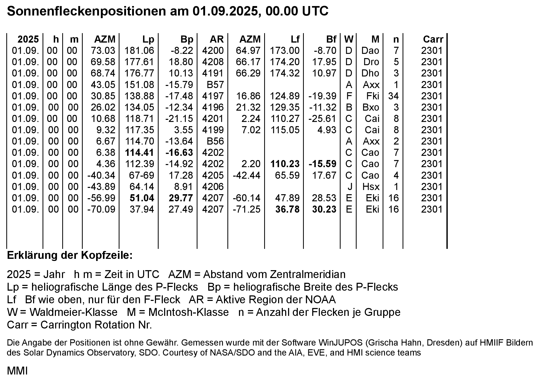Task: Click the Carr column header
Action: pos(433,39)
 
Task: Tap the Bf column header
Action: pos(331,39)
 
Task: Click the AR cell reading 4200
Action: pos(213,51)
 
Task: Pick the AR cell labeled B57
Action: pos(215,85)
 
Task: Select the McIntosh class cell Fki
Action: pos(373,96)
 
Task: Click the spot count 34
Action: pos(393,96)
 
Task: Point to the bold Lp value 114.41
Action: pos(139,152)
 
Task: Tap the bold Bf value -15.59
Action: pos(322,164)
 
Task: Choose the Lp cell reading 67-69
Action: pos(142,175)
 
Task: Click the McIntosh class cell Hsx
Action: pos(371,187)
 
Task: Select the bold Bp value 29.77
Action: pos(181,198)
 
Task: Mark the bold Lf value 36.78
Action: pos(287,209)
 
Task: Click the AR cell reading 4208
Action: pos(213,62)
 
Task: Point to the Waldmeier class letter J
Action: pos(350,187)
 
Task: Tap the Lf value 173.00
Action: pos(285,51)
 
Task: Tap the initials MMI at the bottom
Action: pos(17,371)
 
